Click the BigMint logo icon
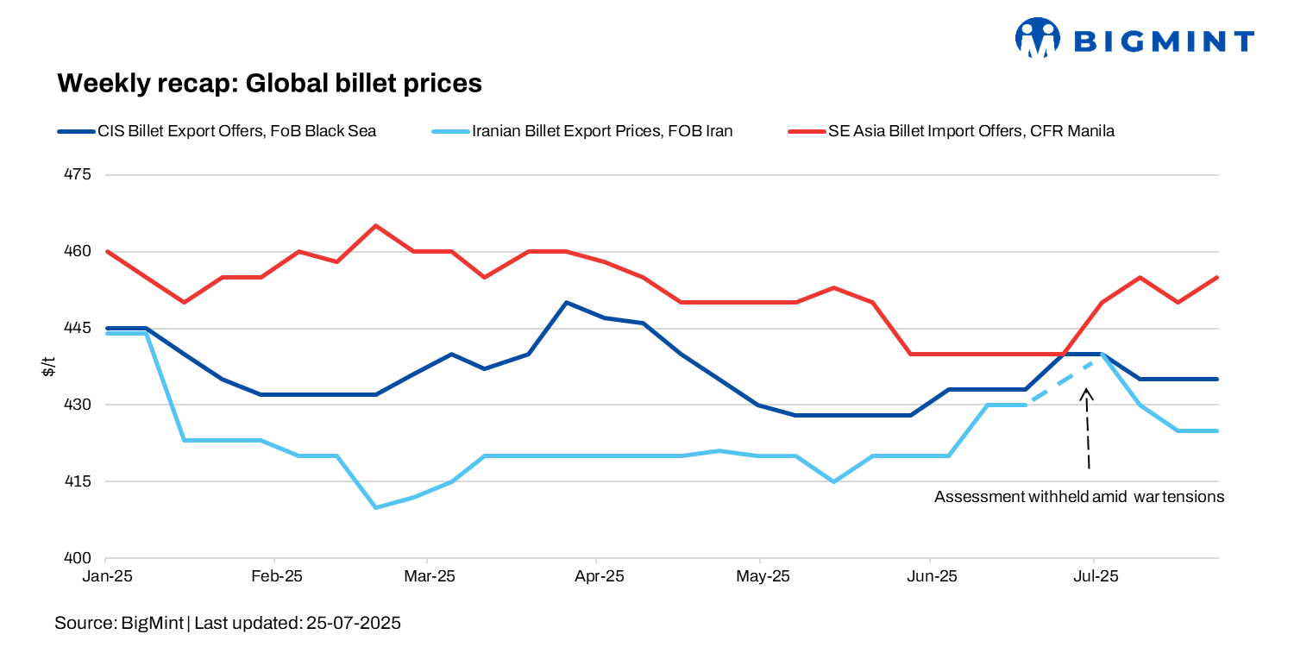point(1037,38)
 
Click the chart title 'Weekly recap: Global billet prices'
point(268,83)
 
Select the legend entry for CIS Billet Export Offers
point(217,132)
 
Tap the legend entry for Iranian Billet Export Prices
point(581,132)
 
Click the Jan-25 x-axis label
point(106,575)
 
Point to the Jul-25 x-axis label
point(1094,575)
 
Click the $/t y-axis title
point(49,367)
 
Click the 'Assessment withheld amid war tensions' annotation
point(1079,498)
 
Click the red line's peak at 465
point(375,226)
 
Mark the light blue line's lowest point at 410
point(375,507)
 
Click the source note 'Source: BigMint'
point(119,622)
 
